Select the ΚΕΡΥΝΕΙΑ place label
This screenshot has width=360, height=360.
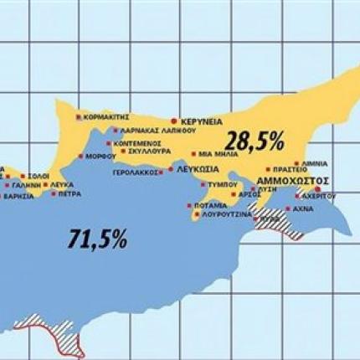point(203,121)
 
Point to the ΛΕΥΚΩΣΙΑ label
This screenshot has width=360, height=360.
point(199,169)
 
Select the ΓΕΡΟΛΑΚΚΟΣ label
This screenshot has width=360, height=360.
point(137,173)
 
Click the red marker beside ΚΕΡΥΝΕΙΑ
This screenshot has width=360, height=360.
point(173,121)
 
